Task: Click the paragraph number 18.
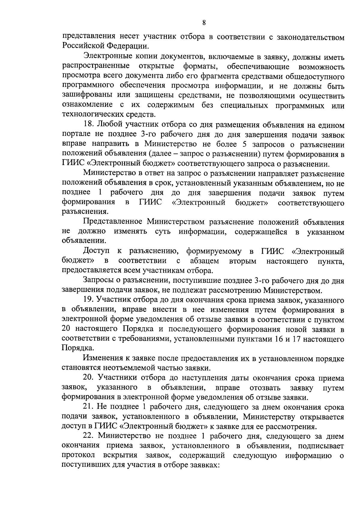click(88, 125)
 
